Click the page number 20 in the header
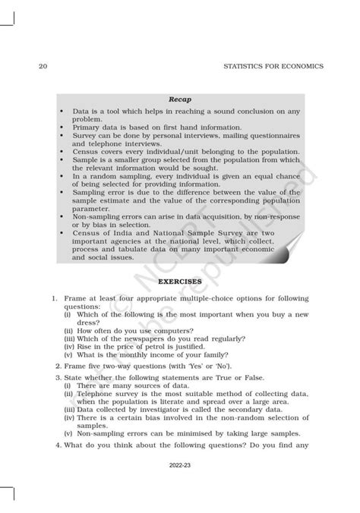pos(43,66)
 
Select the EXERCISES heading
pos(179,281)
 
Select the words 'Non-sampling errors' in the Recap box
pos(106,216)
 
